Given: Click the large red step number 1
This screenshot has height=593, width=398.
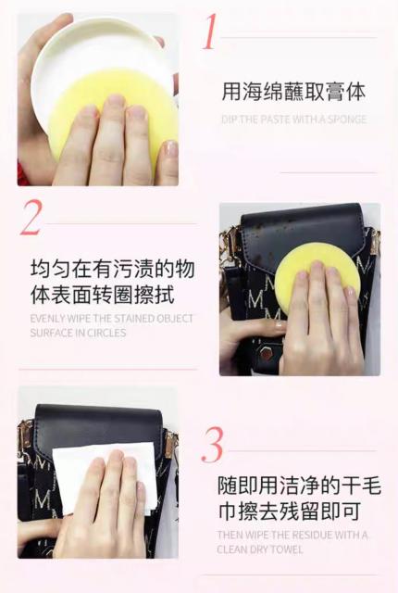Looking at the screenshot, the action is (x=210, y=32).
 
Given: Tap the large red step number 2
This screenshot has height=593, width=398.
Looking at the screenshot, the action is (x=31, y=217).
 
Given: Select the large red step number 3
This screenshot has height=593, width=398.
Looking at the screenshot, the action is (x=212, y=445).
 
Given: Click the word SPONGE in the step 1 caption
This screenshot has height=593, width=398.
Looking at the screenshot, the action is (x=347, y=120).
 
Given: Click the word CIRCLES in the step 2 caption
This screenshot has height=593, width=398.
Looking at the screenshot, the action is (x=108, y=333).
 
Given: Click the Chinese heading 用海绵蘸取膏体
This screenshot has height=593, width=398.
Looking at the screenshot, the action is (x=293, y=92).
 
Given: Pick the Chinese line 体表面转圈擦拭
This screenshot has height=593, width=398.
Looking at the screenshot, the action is (x=103, y=295).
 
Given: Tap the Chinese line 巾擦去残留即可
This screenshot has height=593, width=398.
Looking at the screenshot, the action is (x=290, y=511).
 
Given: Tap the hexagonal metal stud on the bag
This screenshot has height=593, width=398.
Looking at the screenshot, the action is (x=267, y=353).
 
